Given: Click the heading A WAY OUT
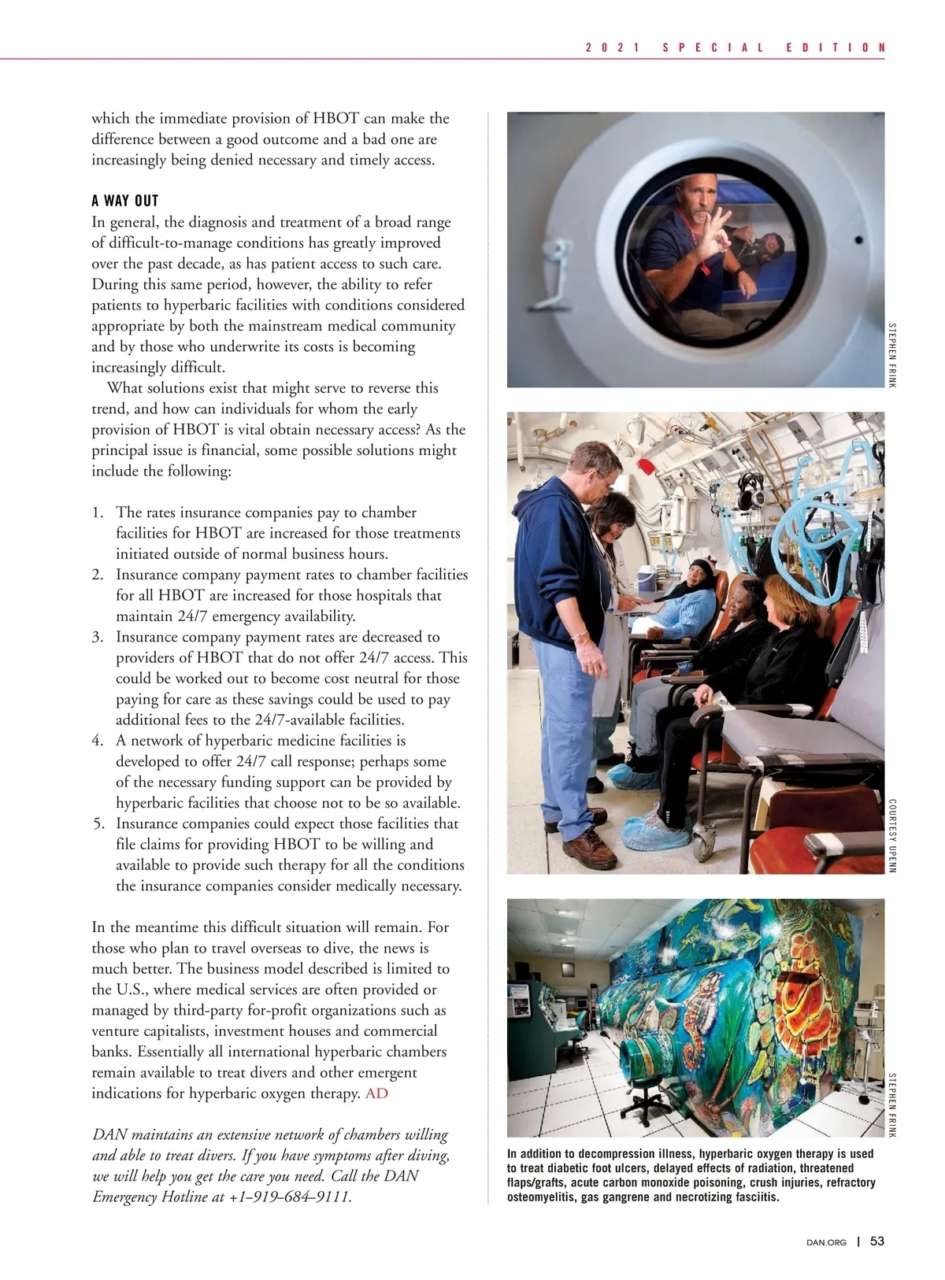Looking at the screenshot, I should [125, 201].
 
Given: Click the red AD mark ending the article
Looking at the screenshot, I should [376, 1093].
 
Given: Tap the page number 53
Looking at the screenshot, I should [877, 1241].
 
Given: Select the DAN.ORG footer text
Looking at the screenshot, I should [827, 1242].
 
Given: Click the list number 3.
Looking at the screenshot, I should [98, 637].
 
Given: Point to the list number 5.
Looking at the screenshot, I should [98, 823].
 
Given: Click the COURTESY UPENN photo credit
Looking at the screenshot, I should [892, 836].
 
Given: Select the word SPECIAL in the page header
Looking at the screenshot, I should [713, 47].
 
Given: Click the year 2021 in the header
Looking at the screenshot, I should [611, 47].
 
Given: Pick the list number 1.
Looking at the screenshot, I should [98, 512].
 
